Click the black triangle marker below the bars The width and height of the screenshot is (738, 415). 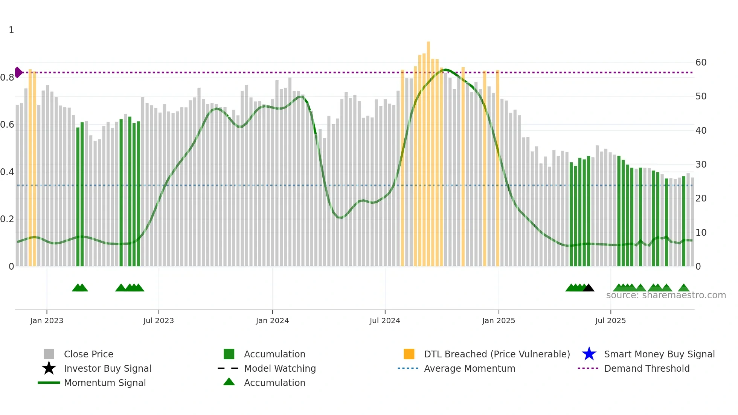(x=589, y=288)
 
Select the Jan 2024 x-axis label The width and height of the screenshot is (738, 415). (x=272, y=321)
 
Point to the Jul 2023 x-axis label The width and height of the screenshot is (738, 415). (x=159, y=321)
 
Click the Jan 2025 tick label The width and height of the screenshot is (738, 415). (x=499, y=321)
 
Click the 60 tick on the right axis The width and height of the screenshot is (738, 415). (x=701, y=63)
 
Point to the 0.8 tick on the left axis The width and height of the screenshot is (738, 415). (x=8, y=78)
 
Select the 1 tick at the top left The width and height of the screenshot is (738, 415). (x=11, y=30)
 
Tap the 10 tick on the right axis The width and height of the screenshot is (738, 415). (x=701, y=233)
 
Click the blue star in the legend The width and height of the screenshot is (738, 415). (x=589, y=354)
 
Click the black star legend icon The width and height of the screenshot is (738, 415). (x=49, y=368)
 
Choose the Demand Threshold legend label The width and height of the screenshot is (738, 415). (x=647, y=368)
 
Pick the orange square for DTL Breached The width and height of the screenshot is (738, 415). (x=409, y=354)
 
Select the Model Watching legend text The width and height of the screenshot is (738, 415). (x=280, y=368)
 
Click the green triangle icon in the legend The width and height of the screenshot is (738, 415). (x=229, y=382)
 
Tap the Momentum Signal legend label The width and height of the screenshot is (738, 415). (x=105, y=383)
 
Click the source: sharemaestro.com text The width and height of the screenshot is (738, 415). (x=666, y=295)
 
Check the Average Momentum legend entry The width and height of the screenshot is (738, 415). (x=470, y=368)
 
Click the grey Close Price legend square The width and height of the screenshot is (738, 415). (x=49, y=354)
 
